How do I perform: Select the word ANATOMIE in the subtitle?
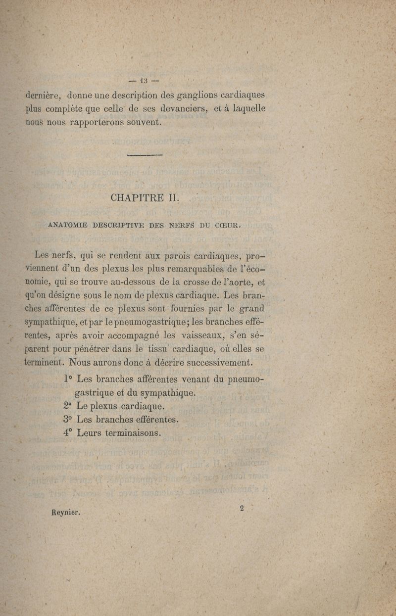click(67, 225)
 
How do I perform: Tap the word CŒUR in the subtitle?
click(228, 226)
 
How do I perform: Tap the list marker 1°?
click(69, 379)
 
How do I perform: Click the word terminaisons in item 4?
click(131, 432)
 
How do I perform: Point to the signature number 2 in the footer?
click(242, 508)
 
